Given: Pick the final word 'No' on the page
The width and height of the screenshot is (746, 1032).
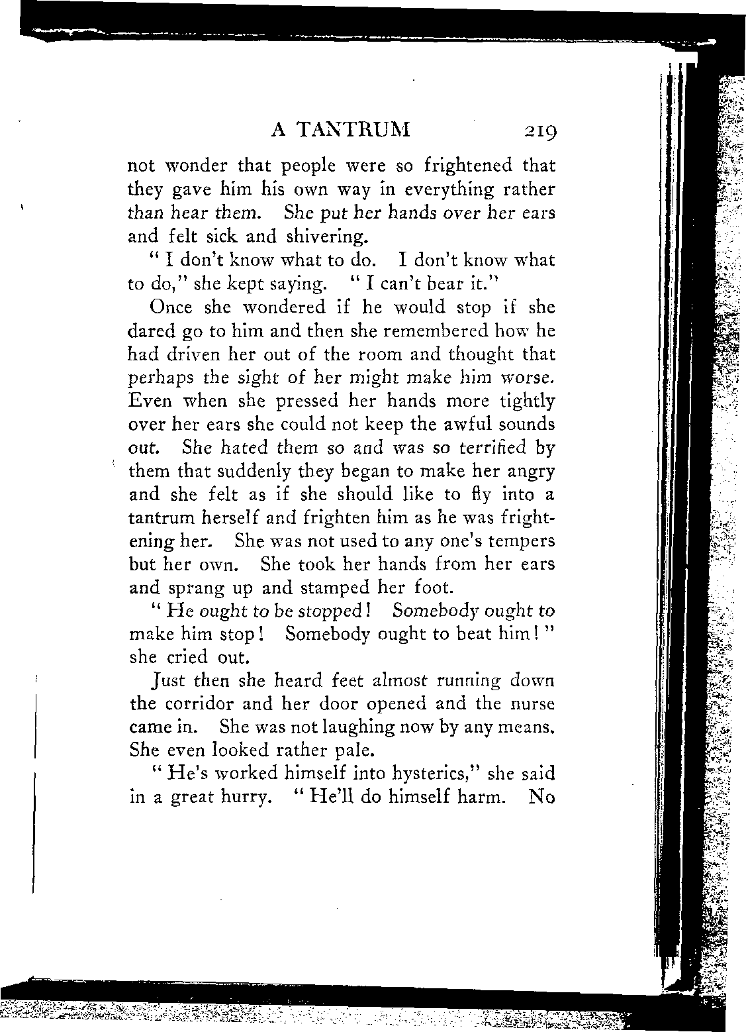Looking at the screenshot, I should point(541,797).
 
